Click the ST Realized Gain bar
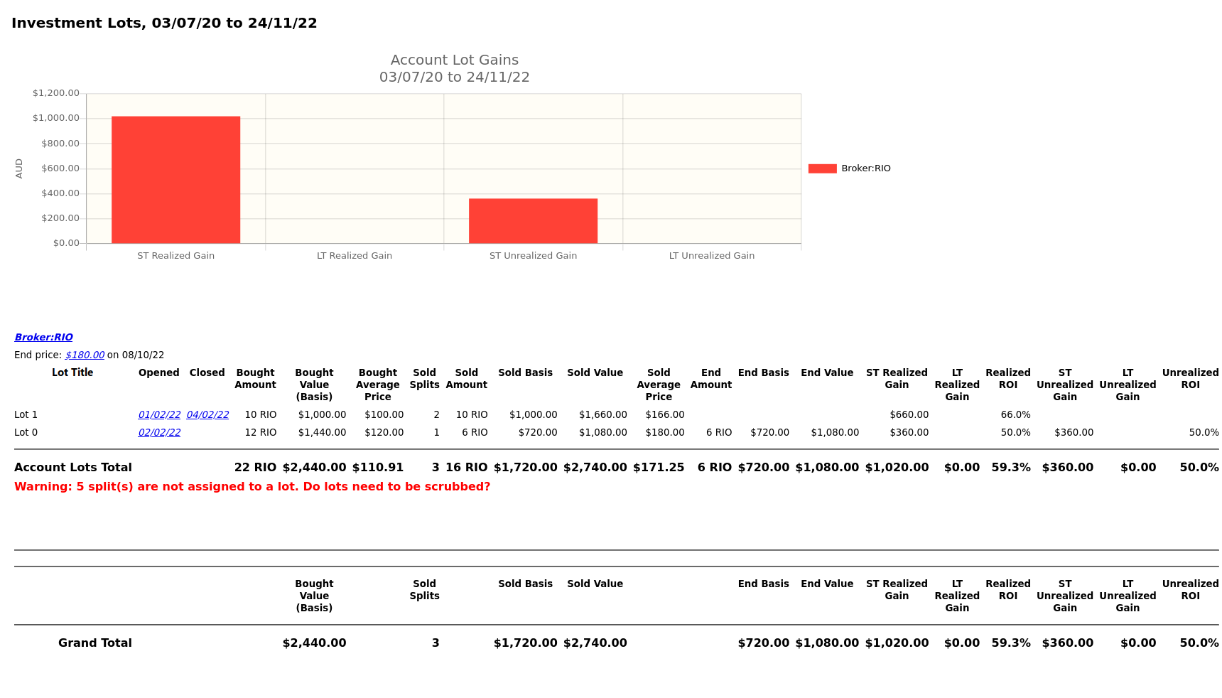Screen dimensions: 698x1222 [x=175, y=180]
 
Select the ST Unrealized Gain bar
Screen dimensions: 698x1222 [x=533, y=221]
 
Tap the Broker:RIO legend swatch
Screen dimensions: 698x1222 [x=822, y=168]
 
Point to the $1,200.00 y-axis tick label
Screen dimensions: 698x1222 [x=56, y=93]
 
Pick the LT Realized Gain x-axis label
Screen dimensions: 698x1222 [x=355, y=256]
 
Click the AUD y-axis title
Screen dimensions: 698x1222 [x=19, y=168]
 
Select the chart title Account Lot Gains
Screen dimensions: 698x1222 [x=455, y=60]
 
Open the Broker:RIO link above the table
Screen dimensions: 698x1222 [x=43, y=338]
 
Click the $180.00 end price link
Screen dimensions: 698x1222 [x=85, y=355]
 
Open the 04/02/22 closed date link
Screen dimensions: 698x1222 [x=207, y=415]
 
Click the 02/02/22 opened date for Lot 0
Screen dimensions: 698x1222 [x=159, y=433]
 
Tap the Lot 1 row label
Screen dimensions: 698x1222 [x=26, y=415]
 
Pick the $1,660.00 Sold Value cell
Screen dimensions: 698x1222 [x=603, y=415]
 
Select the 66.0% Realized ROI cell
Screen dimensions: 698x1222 [x=1015, y=415]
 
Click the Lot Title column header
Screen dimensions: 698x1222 [x=72, y=372]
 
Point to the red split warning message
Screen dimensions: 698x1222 [x=252, y=487]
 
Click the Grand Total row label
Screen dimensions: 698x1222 [x=95, y=643]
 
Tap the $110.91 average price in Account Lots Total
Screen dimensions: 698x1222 [x=378, y=468]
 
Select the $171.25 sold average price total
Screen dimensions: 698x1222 [x=659, y=468]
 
